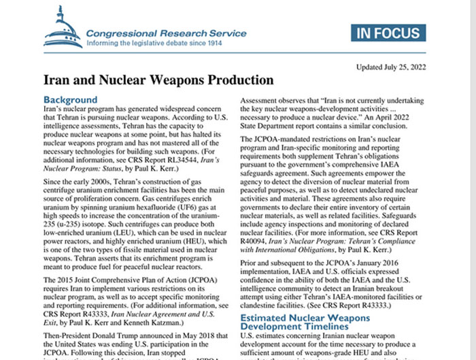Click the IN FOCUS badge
point(389,33)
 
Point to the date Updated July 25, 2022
point(390,67)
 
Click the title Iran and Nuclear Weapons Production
point(158,80)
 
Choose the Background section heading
point(70,100)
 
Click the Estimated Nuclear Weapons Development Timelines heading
point(306,323)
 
